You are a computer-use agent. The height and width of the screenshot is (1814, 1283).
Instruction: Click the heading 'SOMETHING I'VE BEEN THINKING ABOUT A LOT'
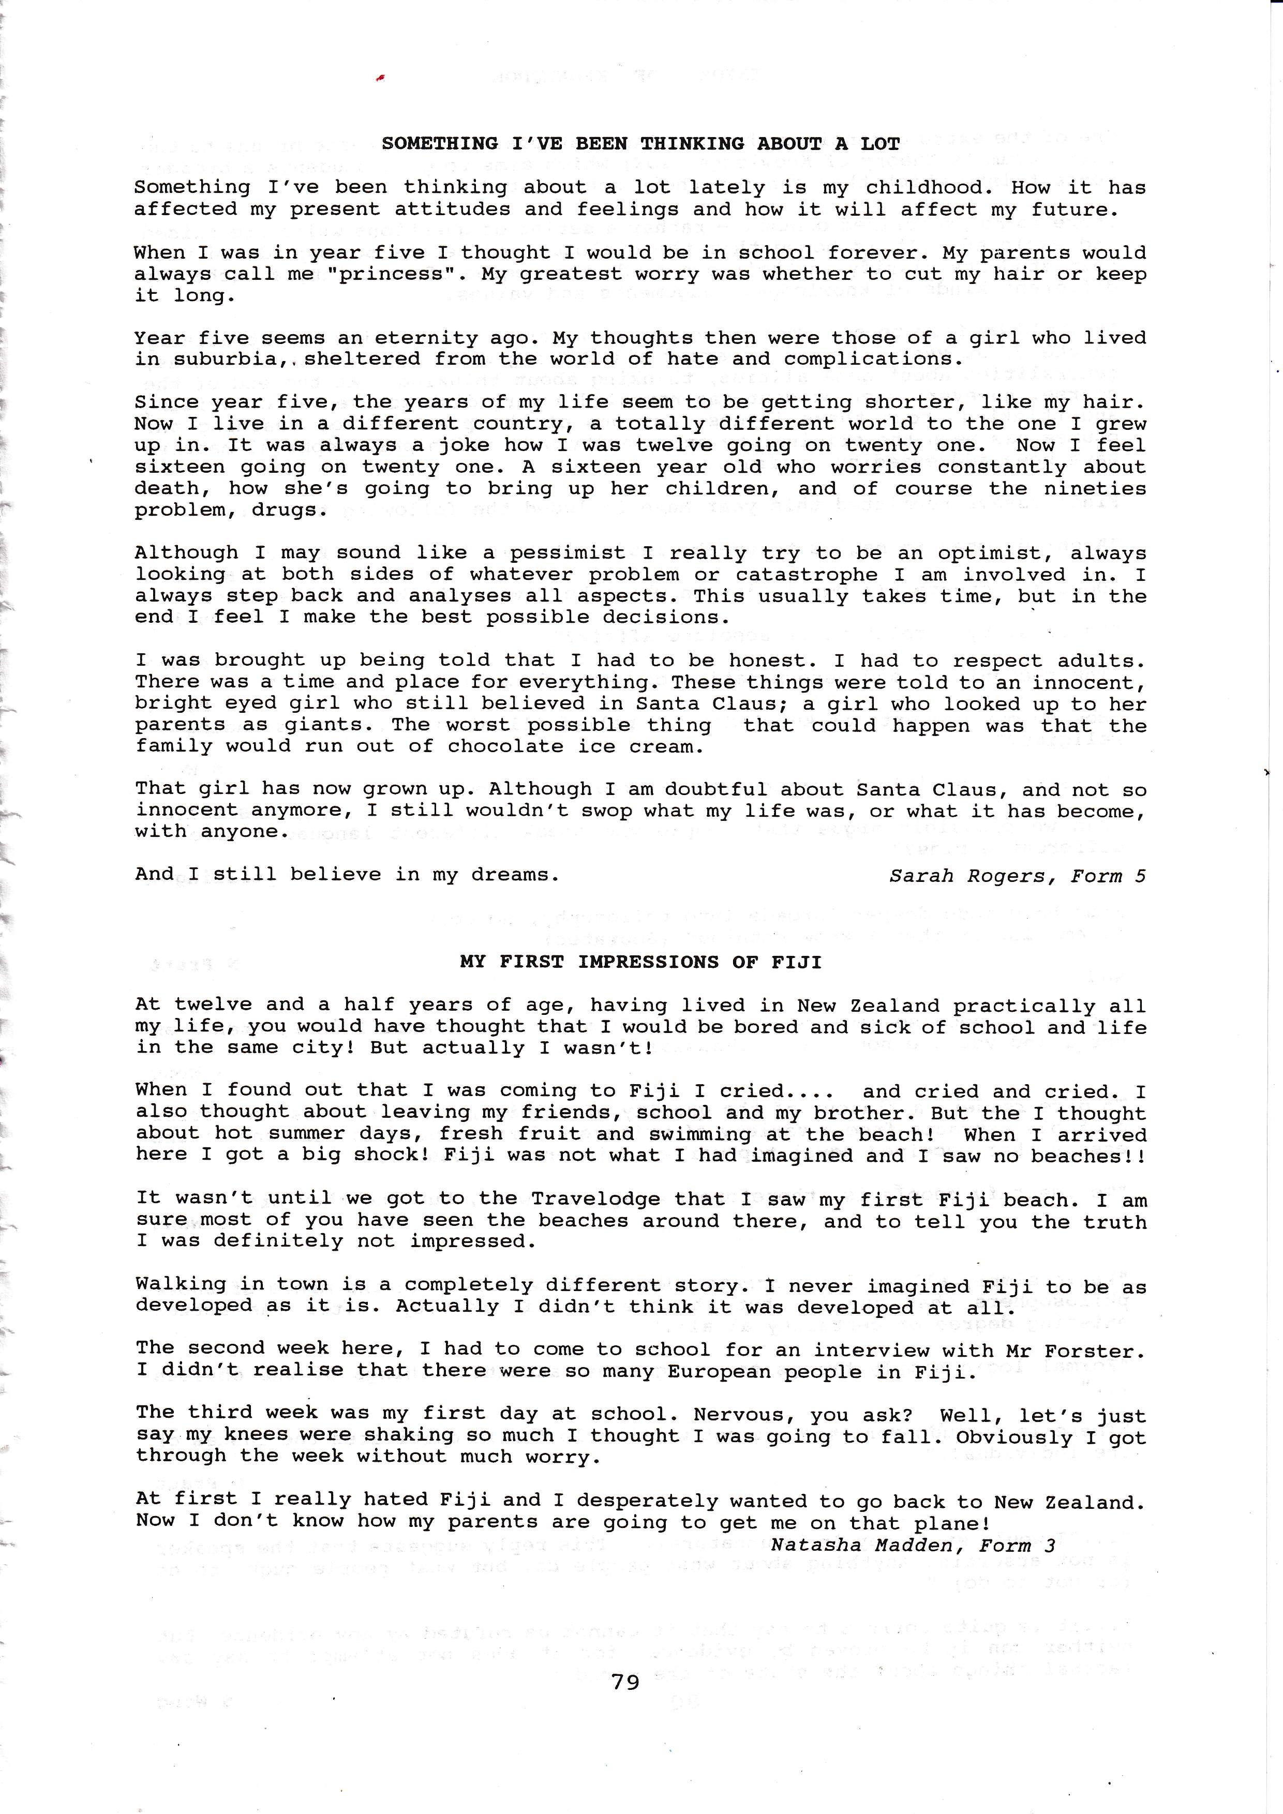[640, 144]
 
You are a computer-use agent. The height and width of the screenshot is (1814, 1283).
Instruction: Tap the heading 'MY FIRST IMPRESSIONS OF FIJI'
[640, 962]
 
